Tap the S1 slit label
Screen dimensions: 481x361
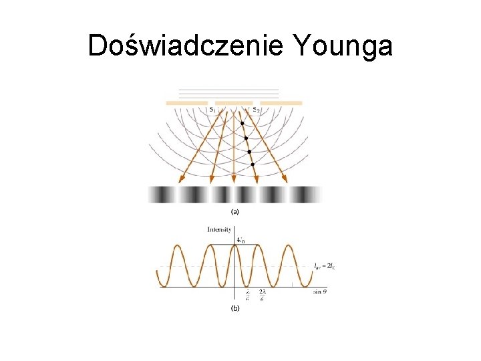tap(212, 108)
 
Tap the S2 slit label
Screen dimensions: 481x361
tap(256, 108)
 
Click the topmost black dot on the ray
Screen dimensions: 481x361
tap(242, 124)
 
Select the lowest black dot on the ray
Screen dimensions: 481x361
tap(253, 164)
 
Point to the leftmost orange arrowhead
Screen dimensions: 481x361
tap(181, 179)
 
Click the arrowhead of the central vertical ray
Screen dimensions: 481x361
tap(234, 179)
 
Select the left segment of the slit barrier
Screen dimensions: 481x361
tap(186, 103)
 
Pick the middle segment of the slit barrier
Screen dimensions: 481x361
tap(234, 103)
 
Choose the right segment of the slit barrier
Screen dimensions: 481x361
tap(281, 103)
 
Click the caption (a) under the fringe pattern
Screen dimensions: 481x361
tap(235, 212)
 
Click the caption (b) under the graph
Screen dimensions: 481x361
tap(235, 309)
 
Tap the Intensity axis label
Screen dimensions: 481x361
tap(219, 229)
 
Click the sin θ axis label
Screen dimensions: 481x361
tap(321, 292)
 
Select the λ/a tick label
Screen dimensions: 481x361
tap(247, 296)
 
